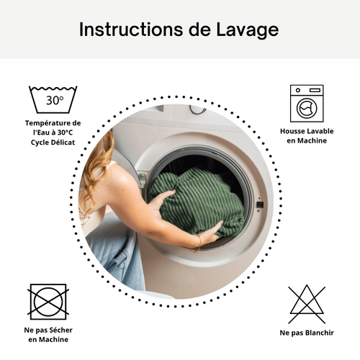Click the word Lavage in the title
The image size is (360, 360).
click(x=248, y=30)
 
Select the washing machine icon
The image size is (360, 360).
click(x=307, y=103)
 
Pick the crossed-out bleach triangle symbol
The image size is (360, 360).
click(x=307, y=303)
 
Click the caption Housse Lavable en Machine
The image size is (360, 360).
click(x=307, y=136)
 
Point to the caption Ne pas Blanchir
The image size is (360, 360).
click(x=307, y=333)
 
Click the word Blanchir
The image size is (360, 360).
click(x=318, y=333)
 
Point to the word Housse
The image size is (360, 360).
click(x=294, y=131)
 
